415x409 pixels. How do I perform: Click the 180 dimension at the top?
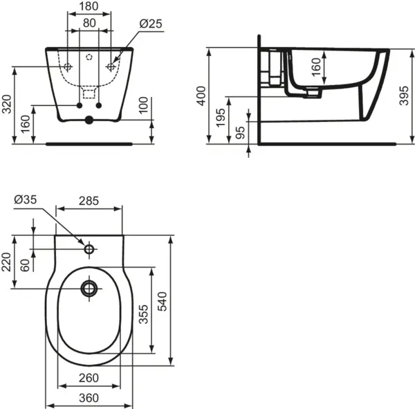point(89,7)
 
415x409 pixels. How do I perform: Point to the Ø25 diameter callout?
point(150,24)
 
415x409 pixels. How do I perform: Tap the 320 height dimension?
point(8,104)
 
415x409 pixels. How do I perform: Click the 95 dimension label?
point(240,132)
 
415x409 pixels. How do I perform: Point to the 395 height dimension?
point(405,96)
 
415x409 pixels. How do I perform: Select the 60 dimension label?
point(26,265)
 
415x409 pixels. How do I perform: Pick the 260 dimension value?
point(88,379)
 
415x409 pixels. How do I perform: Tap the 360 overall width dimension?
point(88,398)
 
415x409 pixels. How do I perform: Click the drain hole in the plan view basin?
point(89,287)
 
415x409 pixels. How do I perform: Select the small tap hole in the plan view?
point(89,248)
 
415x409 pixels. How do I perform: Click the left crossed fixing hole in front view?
point(68,66)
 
